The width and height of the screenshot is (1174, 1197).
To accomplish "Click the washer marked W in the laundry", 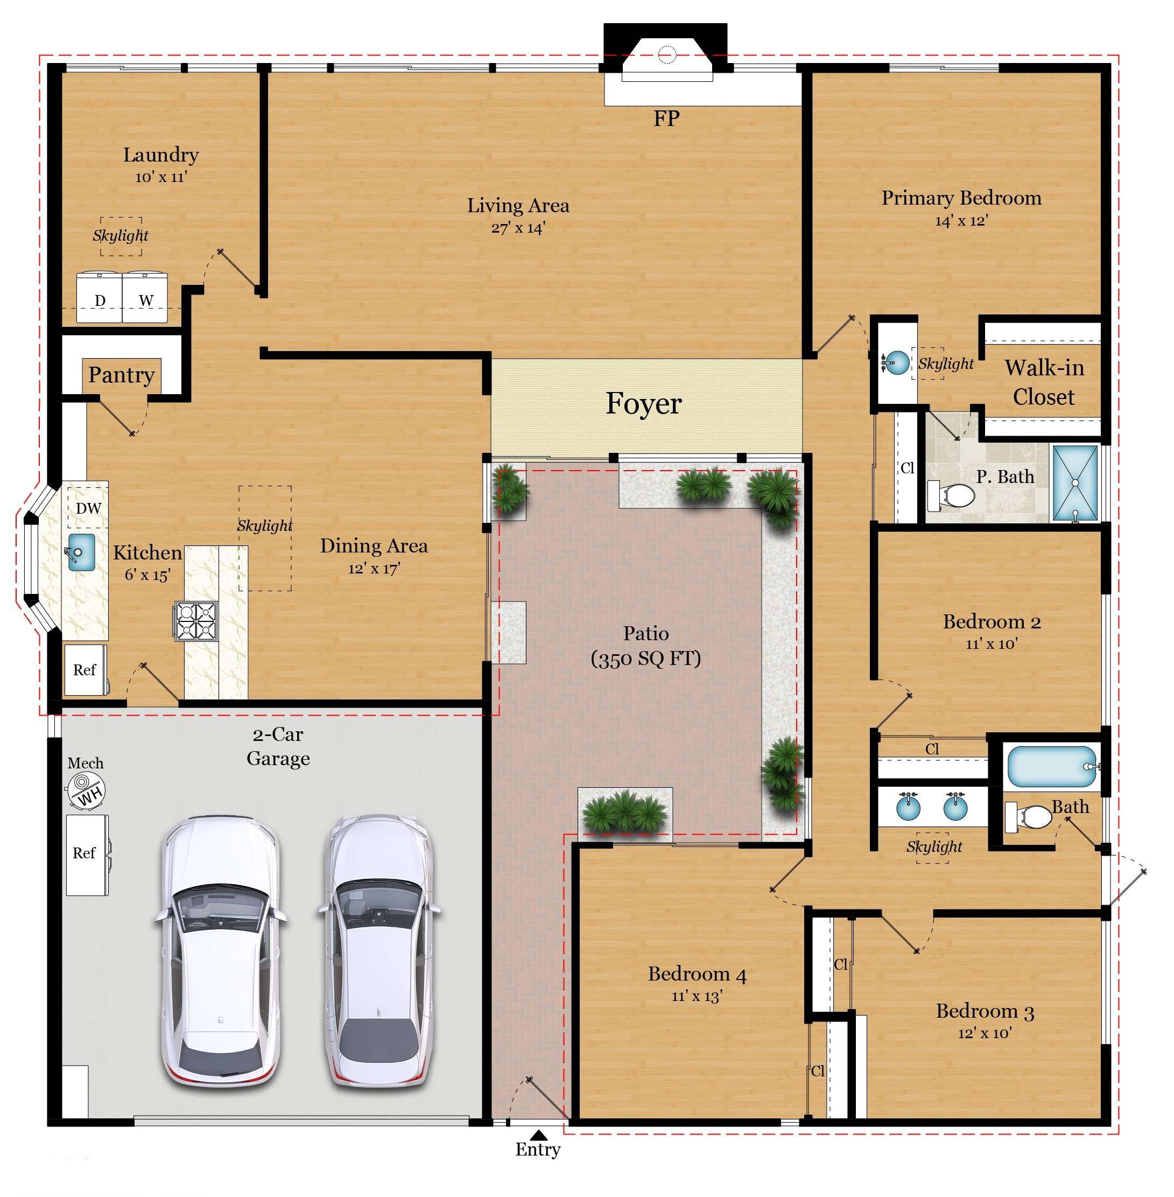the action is (x=145, y=297).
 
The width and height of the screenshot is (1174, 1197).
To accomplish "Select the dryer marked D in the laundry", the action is (x=99, y=297).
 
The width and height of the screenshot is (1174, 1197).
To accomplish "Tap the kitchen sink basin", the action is (x=81, y=552).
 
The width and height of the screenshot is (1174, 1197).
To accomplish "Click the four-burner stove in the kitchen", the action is (x=196, y=620).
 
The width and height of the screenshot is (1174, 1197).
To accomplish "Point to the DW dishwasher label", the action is (x=88, y=508).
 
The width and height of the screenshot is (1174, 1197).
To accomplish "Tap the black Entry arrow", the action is (x=539, y=1135).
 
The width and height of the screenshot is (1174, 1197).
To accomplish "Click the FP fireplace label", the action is (x=666, y=118).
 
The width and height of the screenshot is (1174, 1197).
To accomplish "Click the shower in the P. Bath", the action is (x=1075, y=484).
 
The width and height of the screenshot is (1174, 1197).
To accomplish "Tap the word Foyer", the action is (x=644, y=404).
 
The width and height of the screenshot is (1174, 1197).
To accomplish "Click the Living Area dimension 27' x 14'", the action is (x=518, y=228).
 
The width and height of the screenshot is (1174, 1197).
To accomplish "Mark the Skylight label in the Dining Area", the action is (x=265, y=526).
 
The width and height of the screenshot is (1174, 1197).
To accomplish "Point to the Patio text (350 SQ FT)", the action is (x=645, y=659).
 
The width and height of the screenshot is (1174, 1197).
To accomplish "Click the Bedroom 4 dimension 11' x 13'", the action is (x=697, y=996).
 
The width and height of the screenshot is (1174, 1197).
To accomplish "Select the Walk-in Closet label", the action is (x=1044, y=382).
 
